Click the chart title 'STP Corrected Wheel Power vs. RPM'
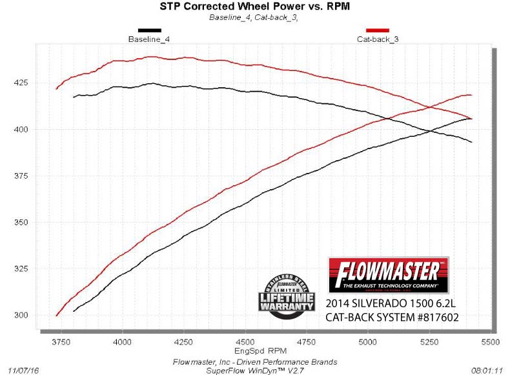pyautogui.click(x=255, y=7)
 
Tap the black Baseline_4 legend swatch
pyautogui.click(x=150, y=30)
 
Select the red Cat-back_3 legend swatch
pyautogui.click(x=377, y=30)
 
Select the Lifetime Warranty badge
pyautogui.click(x=287, y=294)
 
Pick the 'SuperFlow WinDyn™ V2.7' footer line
pyautogui.click(x=255, y=370)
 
